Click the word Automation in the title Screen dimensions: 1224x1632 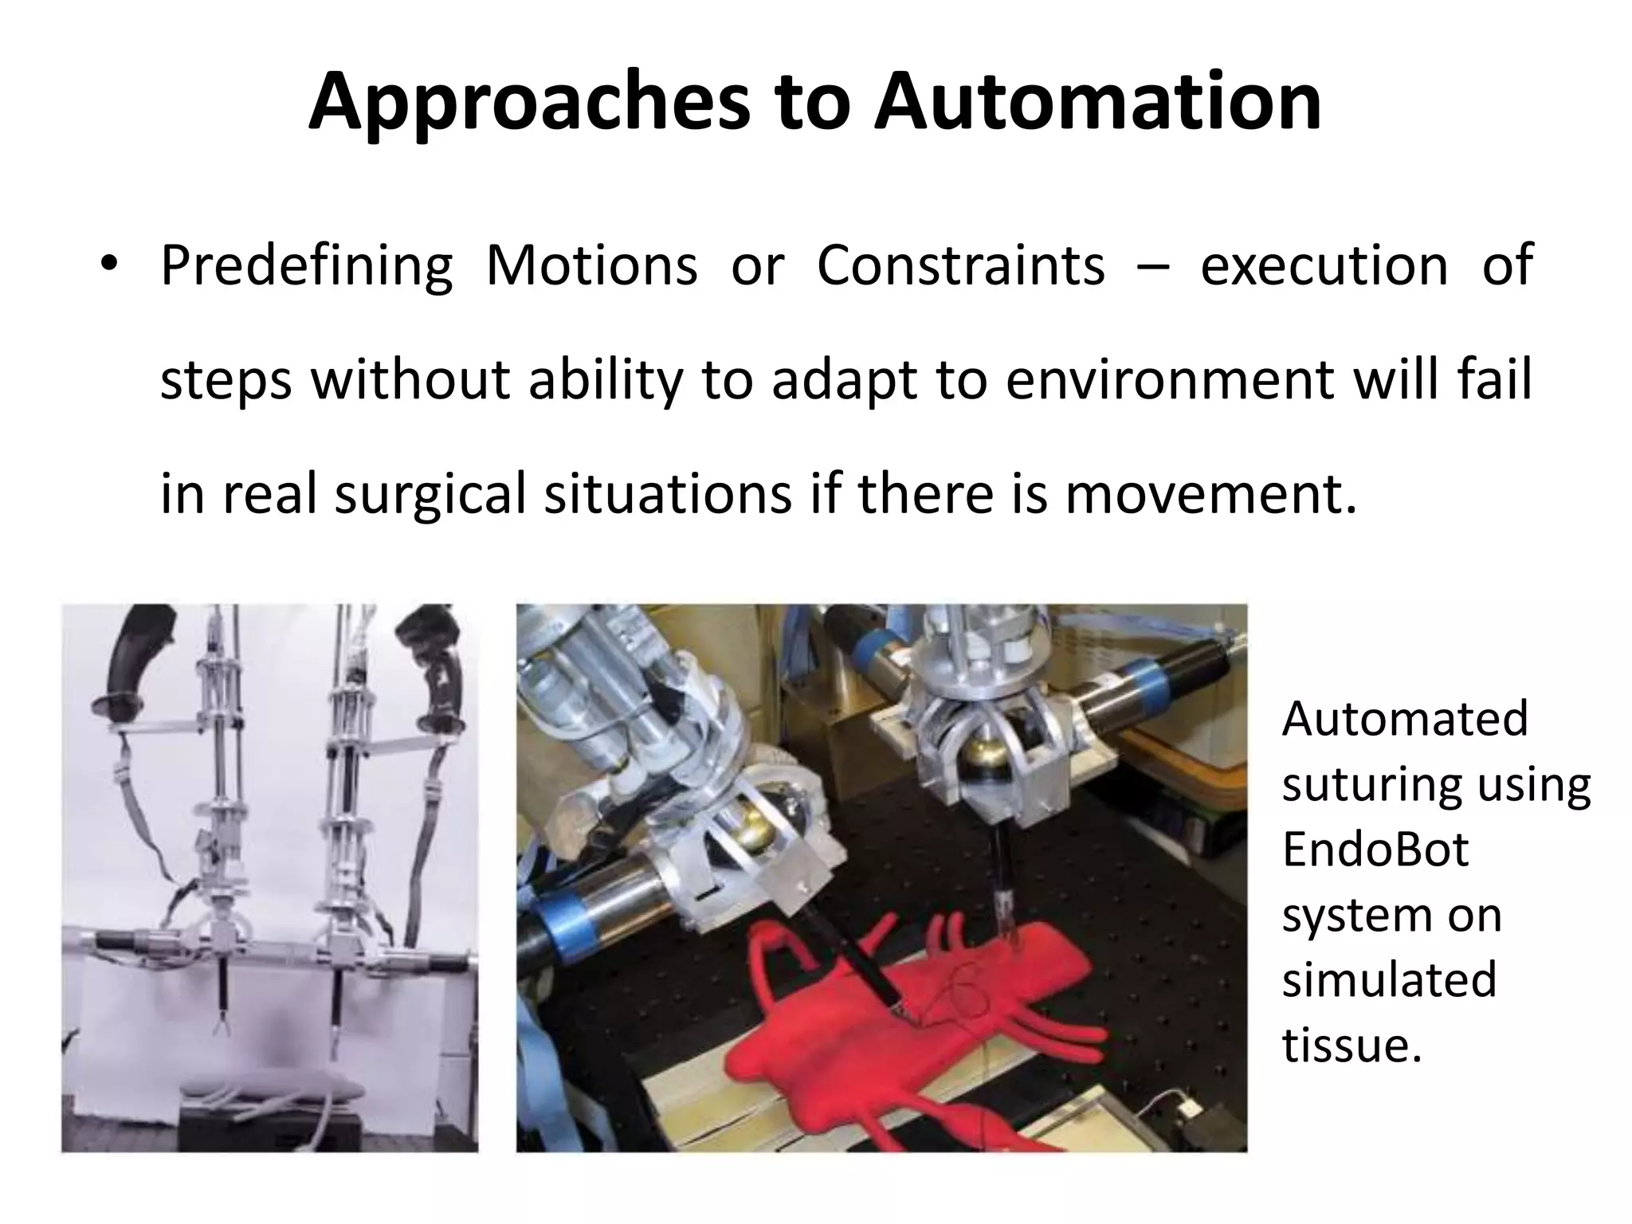(x=1097, y=104)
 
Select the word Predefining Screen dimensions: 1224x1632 (x=306, y=266)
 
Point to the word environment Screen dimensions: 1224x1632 (x=1170, y=379)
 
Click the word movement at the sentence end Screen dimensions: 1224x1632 (x=1210, y=494)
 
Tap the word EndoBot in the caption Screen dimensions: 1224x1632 (x=1375, y=849)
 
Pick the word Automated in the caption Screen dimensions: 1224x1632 (x=1405, y=719)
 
